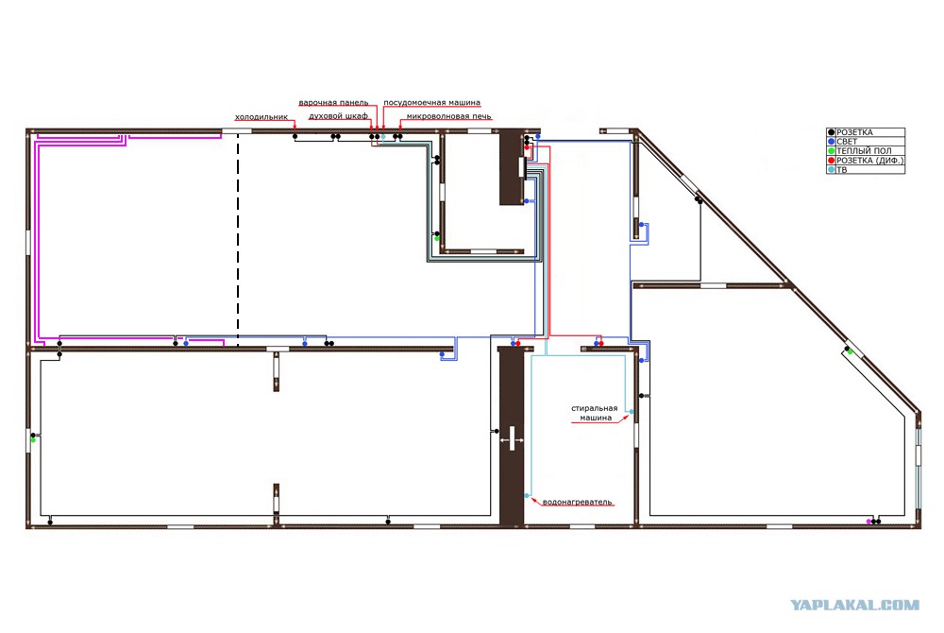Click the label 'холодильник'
click(261, 117)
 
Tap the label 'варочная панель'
click(333, 103)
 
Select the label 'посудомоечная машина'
click(431, 103)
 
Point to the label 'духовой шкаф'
click(338, 116)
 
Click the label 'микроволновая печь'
click(448, 116)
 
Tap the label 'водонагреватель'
click(577, 502)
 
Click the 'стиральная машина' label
click(595, 413)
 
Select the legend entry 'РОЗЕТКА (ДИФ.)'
click(870, 161)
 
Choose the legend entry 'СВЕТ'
click(847, 142)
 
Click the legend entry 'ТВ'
click(842, 170)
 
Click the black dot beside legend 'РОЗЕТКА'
click(832, 132)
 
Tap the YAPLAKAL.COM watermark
click(855, 606)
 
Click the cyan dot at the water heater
click(527, 496)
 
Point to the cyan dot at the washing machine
click(632, 412)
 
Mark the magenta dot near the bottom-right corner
click(868, 522)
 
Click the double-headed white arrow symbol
click(512, 439)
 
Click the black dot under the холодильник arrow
click(295, 137)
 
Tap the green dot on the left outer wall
click(33, 440)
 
